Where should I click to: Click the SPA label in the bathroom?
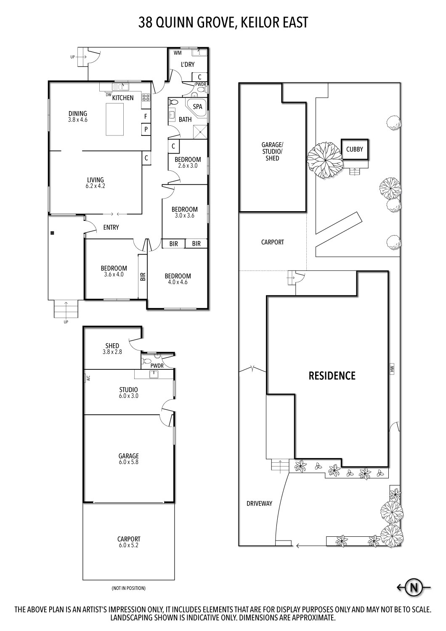(x=197, y=106)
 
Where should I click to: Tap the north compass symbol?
(x=414, y=587)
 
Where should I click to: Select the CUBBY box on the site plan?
(x=355, y=149)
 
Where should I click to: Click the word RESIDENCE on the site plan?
(x=332, y=376)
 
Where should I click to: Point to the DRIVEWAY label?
(x=259, y=503)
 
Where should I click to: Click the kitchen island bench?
(x=115, y=119)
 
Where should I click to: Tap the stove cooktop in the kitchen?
(x=146, y=98)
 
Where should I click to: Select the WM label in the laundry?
(x=178, y=53)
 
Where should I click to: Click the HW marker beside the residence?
(x=392, y=369)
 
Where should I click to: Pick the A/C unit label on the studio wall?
(x=88, y=378)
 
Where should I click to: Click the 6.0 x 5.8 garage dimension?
(x=129, y=462)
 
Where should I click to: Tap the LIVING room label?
(x=96, y=180)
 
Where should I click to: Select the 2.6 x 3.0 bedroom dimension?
(x=188, y=166)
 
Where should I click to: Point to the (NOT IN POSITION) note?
(x=129, y=588)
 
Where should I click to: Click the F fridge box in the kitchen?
(x=146, y=116)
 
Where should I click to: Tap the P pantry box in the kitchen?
(x=146, y=129)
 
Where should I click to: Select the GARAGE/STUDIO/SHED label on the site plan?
(x=272, y=151)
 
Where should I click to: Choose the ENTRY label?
(x=111, y=227)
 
